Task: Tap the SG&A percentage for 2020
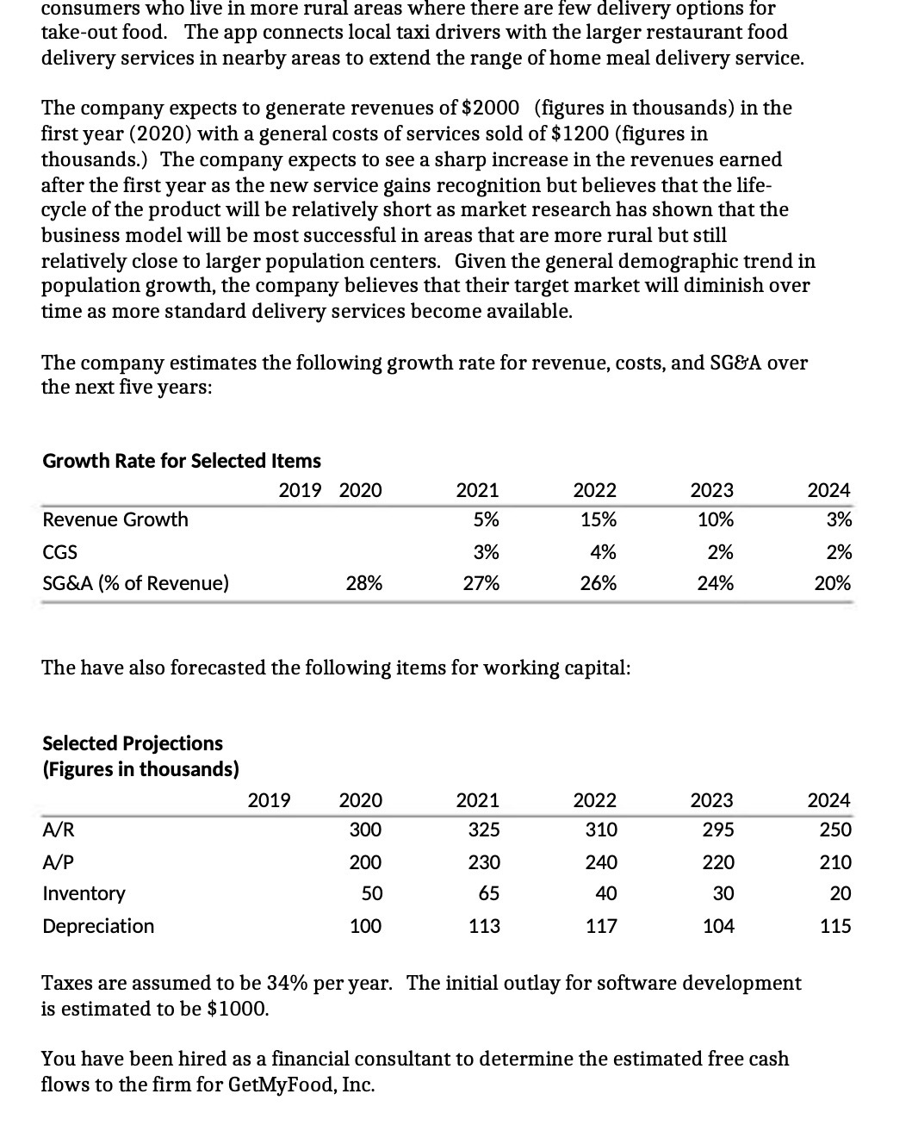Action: tap(363, 583)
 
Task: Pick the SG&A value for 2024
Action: tap(832, 583)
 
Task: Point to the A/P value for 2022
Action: tap(600, 861)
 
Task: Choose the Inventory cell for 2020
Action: tap(371, 893)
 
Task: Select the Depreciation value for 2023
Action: tap(718, 926)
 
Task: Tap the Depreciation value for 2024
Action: tap(835, 926)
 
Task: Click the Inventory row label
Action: tap(84, 893)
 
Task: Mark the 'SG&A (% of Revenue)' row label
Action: tap(135, 583)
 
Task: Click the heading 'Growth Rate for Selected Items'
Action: tap(181, 461)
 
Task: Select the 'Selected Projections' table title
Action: tap(133, 743)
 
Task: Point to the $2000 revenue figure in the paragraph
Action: tap(491, 108)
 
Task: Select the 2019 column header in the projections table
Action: tap(269, 800)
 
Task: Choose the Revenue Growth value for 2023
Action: tap(716, 519)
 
